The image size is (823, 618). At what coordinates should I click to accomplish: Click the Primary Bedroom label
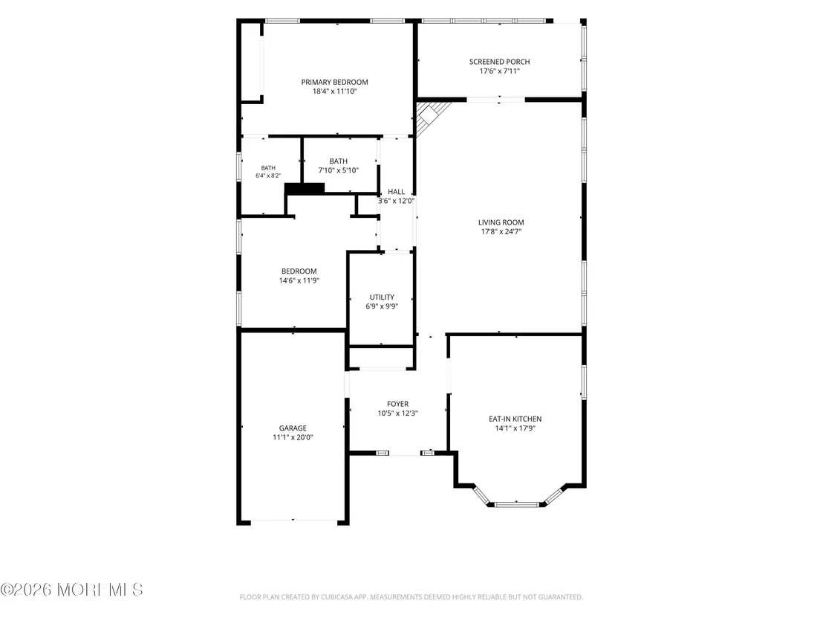click(x=334, y=82)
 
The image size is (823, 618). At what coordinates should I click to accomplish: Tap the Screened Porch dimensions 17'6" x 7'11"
click(x=499, y=71)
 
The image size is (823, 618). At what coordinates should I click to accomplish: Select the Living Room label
click(x=501, y=222)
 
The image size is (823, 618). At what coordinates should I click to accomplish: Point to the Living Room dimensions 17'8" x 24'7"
click(x=501, y=231)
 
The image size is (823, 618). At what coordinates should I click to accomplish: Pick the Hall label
click(x=397, y=192)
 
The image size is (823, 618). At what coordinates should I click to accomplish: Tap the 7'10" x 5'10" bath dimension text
click(x=338, y=170)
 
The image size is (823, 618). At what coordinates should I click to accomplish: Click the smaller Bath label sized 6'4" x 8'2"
click(x=267, y=168)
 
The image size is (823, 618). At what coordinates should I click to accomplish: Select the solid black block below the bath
click(x=305, y=188)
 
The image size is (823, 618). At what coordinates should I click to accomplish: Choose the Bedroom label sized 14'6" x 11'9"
click(x=299, y=271)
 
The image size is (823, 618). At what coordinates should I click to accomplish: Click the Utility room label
click(x=382, y=297)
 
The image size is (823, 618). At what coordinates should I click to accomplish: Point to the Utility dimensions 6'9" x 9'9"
click(x=382, y=306)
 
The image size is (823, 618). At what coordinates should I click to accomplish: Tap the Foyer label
click(x=397, y=404)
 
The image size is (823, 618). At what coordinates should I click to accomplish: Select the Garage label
click(x=293, y=428)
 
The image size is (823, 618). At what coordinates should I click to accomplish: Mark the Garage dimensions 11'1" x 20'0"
click(x=293, y=437)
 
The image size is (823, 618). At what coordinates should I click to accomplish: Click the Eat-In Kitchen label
click(x=515, y=419)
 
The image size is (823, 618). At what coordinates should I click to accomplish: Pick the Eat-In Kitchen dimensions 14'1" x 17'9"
click(x=515, y=428)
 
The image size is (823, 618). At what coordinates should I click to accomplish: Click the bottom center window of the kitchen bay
click(x=517, y=505)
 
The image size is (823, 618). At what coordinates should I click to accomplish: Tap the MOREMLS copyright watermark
click(x=71, y=590)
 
